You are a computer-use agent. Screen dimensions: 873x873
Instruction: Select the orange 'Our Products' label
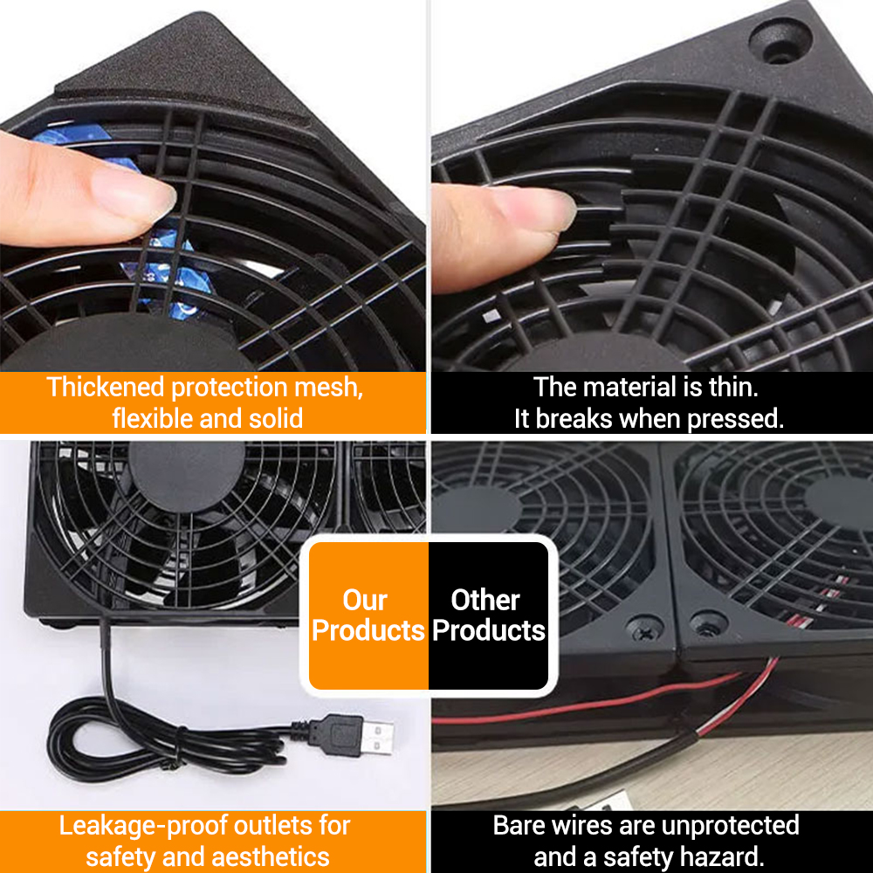(x=368, y=615)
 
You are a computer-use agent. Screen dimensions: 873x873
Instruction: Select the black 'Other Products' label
(x=488, y=615)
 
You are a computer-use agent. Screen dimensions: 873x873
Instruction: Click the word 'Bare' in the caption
(x=523, y=825)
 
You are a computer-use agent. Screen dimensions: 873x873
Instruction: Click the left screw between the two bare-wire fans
(x=646, y=627)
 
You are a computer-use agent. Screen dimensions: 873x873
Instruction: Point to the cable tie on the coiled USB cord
(x=179, y=749)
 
